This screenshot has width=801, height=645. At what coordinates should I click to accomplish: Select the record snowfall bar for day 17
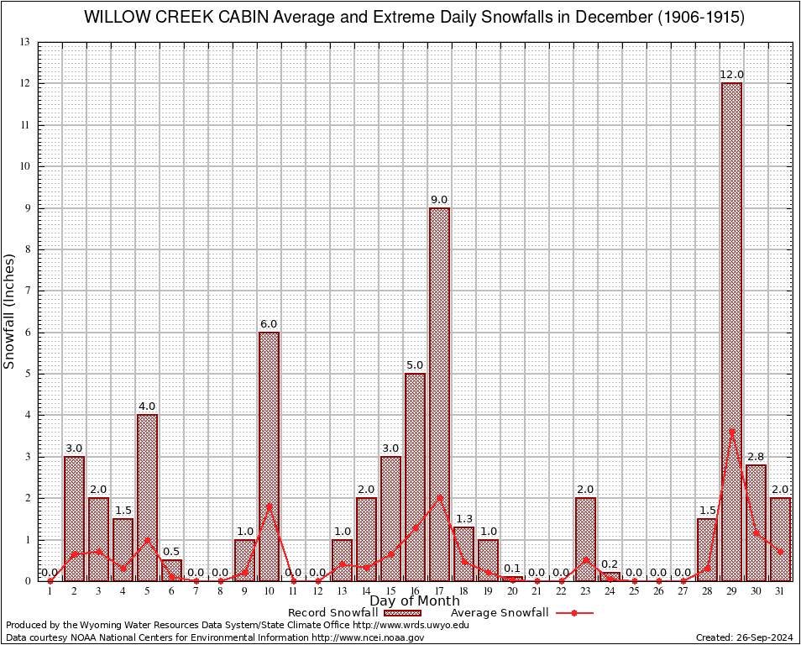(x=439, y=395)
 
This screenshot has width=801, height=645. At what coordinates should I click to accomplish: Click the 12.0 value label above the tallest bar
(x=731, y=75)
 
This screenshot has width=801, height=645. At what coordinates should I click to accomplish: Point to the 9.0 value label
(x=439, y=199)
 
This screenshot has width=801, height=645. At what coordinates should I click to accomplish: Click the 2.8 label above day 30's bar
(x=756, y=456)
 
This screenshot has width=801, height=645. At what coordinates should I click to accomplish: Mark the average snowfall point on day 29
(x=731, y=432)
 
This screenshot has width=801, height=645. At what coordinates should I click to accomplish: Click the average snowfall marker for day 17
(x=439, y=496)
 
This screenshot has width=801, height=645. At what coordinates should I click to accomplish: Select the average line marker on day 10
(x=269, y=506)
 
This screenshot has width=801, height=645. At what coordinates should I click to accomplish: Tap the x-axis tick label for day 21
(x=537, y=591)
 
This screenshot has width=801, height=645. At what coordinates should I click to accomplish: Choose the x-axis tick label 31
(x=780, y=591)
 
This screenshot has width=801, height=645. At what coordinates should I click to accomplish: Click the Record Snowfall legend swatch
(x=403, y=613)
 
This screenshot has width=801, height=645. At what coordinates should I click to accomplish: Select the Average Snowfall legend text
(x=499, y=613)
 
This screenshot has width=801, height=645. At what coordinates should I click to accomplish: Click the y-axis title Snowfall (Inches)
(x=10, y=311)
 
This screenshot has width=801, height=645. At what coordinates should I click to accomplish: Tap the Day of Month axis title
(x=415, y=600)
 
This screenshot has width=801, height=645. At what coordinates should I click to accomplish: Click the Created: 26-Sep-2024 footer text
(x=745, y=637)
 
